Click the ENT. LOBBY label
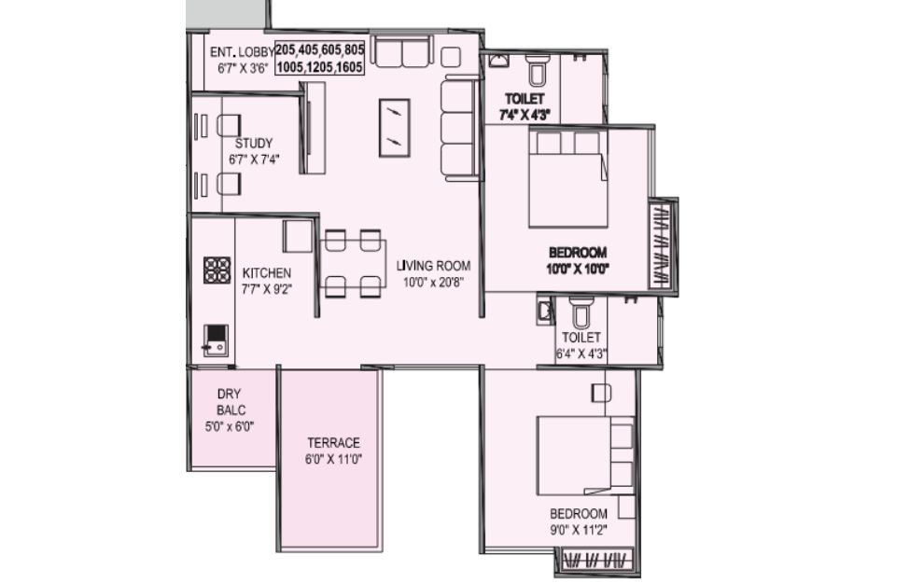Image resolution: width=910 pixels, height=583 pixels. click(242, 51)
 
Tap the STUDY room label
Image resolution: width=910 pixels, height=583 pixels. click(254, 144)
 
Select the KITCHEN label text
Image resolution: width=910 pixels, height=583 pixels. click(266, 273)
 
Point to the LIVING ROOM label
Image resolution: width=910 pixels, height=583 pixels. click(433, 266)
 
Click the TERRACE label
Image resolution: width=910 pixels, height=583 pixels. click(334, 443)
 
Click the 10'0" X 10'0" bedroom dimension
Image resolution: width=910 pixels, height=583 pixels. click(578, 269)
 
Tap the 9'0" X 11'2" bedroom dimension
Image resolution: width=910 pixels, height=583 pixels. click(579, 530)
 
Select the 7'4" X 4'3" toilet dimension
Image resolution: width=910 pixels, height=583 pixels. click(525, 115)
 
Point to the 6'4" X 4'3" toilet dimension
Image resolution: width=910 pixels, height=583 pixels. click(581, 354)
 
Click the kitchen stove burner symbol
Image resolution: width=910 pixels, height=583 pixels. click(217, 271)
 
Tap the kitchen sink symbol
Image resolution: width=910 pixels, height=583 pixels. click(216, 340)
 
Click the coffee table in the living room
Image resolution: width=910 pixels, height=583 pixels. click(395, 128)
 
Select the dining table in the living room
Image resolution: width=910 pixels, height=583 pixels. click(353, 263)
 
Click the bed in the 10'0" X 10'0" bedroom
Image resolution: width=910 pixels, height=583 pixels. click(568, 177)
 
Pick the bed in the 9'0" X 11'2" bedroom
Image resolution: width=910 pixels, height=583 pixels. click(585, 455)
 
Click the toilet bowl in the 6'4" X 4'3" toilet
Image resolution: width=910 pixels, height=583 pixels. click(581, 313)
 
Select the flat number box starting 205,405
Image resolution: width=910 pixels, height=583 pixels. click(320, 58)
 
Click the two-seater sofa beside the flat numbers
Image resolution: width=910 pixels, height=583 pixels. click(402, 51)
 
